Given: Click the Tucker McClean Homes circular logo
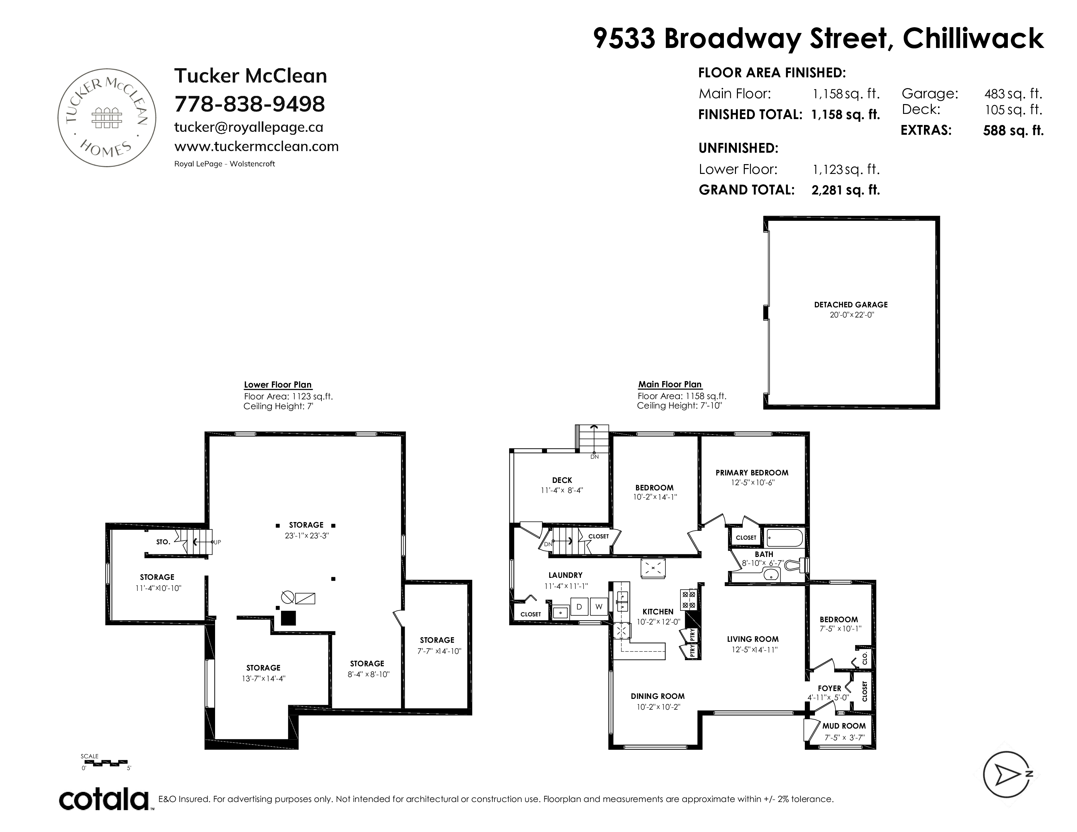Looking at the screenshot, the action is pyautogui.click(x=107, y=117).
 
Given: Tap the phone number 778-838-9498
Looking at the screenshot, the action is pyautogui.click(x=250, y=104).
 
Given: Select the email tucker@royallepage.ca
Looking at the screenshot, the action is pyautogui.click(x=249, y=127).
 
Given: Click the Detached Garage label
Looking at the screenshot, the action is pyautogui.click(x=851, y=305).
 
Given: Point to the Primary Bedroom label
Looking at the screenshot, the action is pyautogui.click(x=752, y=473).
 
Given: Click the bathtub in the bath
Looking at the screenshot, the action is pyautogui.click(x=784, y=537).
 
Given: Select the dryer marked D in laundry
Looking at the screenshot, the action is pyautogui.click(x=579, y=607).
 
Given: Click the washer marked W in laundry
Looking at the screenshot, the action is pyautogui.click(x=599, y=607).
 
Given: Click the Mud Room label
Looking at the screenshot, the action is pyautogui.click(x=844, y=726).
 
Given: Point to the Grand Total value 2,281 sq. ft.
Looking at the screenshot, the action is pyautogui.click(x=846, y=190).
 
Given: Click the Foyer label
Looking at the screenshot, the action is pyautogui.click(x=829, y=688).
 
